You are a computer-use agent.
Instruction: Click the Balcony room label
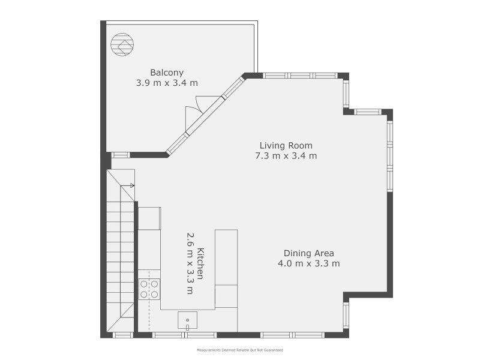[x=167, y=73]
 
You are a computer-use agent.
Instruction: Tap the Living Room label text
[x=286, y=145]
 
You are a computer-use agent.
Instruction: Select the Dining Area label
[x=308, y=253]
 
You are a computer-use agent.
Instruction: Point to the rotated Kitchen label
[x=200, y=263]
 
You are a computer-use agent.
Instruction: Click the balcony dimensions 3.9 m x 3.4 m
[x=167, y=83]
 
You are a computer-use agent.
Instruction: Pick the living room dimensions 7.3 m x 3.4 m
[x=286, y=156]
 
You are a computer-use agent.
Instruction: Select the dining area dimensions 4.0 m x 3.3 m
[x=308, y=263]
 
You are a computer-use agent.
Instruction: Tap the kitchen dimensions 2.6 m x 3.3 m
[x=190, y=263]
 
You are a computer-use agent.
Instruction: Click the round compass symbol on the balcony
[x=122, y=44]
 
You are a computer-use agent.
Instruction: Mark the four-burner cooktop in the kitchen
[x=149, y=289]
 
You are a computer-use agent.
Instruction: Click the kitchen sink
[x=187, y=320]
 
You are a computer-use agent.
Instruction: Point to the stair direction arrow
[x=127, y=185]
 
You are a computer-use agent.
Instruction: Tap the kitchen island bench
[x=226, y=268]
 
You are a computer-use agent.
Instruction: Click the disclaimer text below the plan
[x=239, y=350]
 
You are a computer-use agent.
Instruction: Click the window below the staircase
[x=123, y=335]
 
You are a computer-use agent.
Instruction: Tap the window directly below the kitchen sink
[x=184, y=335]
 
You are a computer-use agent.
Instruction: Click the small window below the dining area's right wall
[x=346, y=316]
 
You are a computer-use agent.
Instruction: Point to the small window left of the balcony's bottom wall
[x=121, y=155]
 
